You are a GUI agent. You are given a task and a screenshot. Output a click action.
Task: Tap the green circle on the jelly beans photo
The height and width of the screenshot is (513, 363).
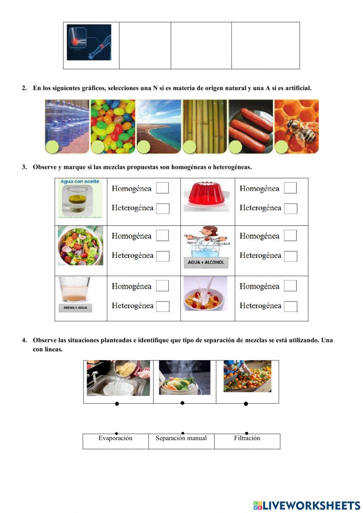click(98, 147)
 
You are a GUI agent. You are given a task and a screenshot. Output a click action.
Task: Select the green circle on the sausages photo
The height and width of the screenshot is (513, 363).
click(235, 147)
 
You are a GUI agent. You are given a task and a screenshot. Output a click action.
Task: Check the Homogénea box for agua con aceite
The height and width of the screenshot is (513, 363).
click(162, 188)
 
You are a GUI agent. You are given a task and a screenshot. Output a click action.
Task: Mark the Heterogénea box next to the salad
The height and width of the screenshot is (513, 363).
click(163, 256)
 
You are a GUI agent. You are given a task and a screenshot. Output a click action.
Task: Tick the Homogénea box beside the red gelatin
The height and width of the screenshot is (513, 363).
click(290, 188)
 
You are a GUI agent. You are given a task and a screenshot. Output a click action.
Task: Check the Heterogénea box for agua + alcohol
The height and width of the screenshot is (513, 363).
click(290, 256)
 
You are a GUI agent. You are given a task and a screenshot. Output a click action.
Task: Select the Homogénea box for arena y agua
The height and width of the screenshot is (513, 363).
click(162, 286)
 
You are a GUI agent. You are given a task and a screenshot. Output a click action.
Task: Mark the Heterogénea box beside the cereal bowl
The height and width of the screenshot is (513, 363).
click(290, 306)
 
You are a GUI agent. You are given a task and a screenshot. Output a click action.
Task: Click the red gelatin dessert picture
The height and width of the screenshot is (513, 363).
click(207, 196)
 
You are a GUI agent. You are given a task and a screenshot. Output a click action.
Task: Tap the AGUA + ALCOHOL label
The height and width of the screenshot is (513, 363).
click(206, 262)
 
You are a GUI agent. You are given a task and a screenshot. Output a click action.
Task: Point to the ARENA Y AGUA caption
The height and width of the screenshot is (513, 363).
click(75, 308)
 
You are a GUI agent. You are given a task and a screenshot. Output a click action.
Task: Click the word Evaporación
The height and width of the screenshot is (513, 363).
click(115, 438)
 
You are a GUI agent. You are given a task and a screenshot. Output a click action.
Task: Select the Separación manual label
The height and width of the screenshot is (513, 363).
click(181, 438)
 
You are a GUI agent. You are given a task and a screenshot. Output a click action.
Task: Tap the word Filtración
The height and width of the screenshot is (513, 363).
click(247, 438)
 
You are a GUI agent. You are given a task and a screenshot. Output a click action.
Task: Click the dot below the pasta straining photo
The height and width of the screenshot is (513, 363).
click(117, 404)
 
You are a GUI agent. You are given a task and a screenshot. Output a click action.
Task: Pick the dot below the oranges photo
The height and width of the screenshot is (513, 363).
click(246, 404)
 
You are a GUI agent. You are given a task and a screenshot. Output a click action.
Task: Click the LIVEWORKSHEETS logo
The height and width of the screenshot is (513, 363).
click(307, 505)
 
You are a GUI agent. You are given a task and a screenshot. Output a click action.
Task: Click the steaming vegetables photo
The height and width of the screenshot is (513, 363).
click(184, 378)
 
